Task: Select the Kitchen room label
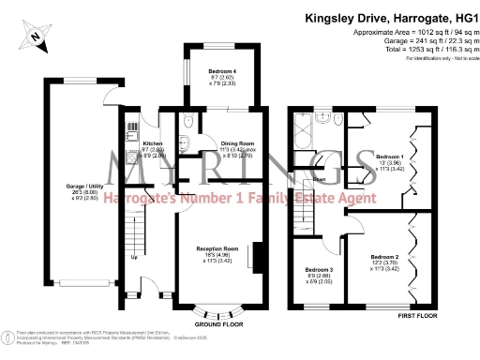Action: point(134,150)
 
